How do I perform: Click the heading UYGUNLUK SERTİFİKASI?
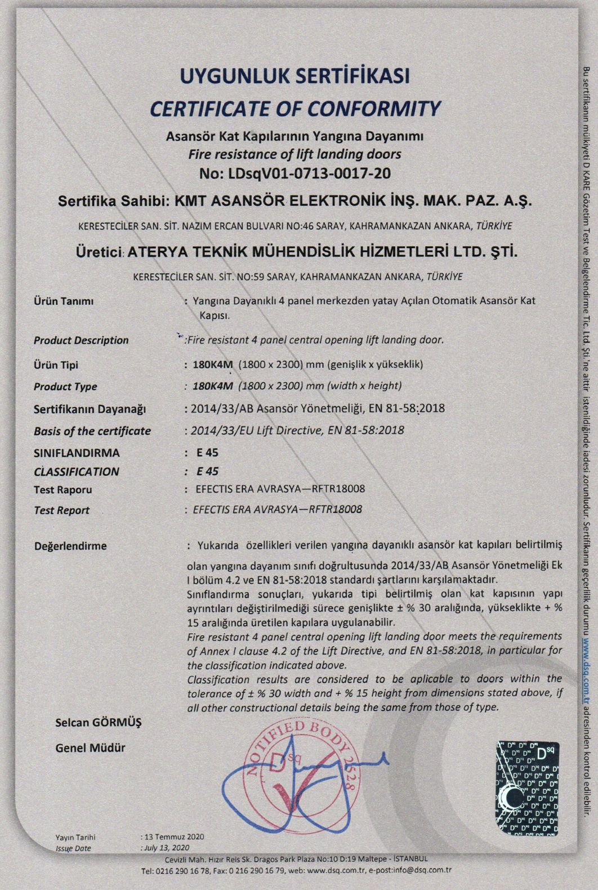tap(294, 75)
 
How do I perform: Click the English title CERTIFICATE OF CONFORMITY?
tap(294, 108)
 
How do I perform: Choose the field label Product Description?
tap(81, 340)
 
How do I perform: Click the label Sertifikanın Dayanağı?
tap(90, 409)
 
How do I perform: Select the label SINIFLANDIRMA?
tap(77, 453)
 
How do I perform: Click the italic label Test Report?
tap(61, 510)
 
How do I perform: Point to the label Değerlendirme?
tap(70, 546)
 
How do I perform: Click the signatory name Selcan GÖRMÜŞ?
tap(99, 722)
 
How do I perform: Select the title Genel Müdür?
tap(90, 748)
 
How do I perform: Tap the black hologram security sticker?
tap(527, 788)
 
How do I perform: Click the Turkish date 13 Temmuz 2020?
tap(174, 836)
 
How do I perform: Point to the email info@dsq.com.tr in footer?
tap(422, 870)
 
